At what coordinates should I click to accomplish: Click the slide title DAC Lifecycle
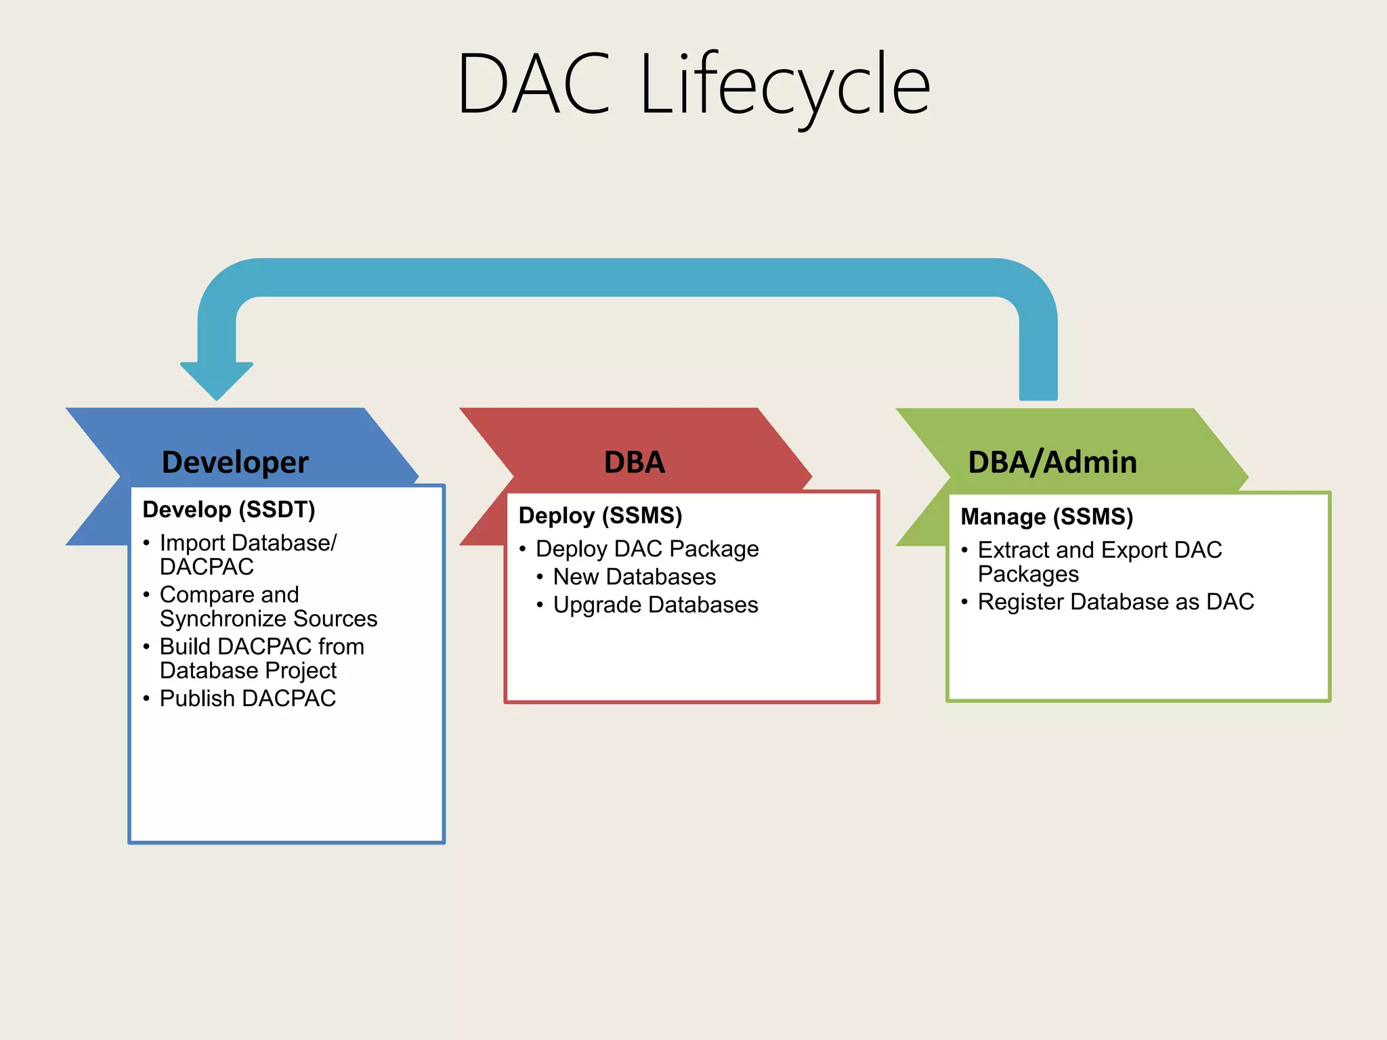coord(693,85)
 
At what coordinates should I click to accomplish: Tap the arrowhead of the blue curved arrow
coord(217,379)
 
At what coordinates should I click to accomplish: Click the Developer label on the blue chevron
coord(235,462)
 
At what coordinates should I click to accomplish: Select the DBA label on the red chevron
coord(634,462)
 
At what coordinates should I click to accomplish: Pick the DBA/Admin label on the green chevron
coord(1052,462)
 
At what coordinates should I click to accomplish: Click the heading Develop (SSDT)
coord(229,510)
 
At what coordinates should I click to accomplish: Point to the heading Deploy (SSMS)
coord(600,516)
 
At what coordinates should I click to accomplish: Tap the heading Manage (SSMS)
coord(1046,517)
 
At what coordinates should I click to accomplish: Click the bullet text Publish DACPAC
coord(247,699)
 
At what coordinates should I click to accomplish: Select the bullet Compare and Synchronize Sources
coord(268,607)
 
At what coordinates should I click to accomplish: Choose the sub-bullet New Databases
coord(634,577)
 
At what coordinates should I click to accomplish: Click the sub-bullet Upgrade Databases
coord(655,605)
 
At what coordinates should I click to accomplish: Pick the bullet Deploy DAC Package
coord(647,549)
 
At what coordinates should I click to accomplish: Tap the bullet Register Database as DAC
coord(1115,602)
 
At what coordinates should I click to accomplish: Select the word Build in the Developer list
coord(185,647)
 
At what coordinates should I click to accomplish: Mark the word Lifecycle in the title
coord(785,85)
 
